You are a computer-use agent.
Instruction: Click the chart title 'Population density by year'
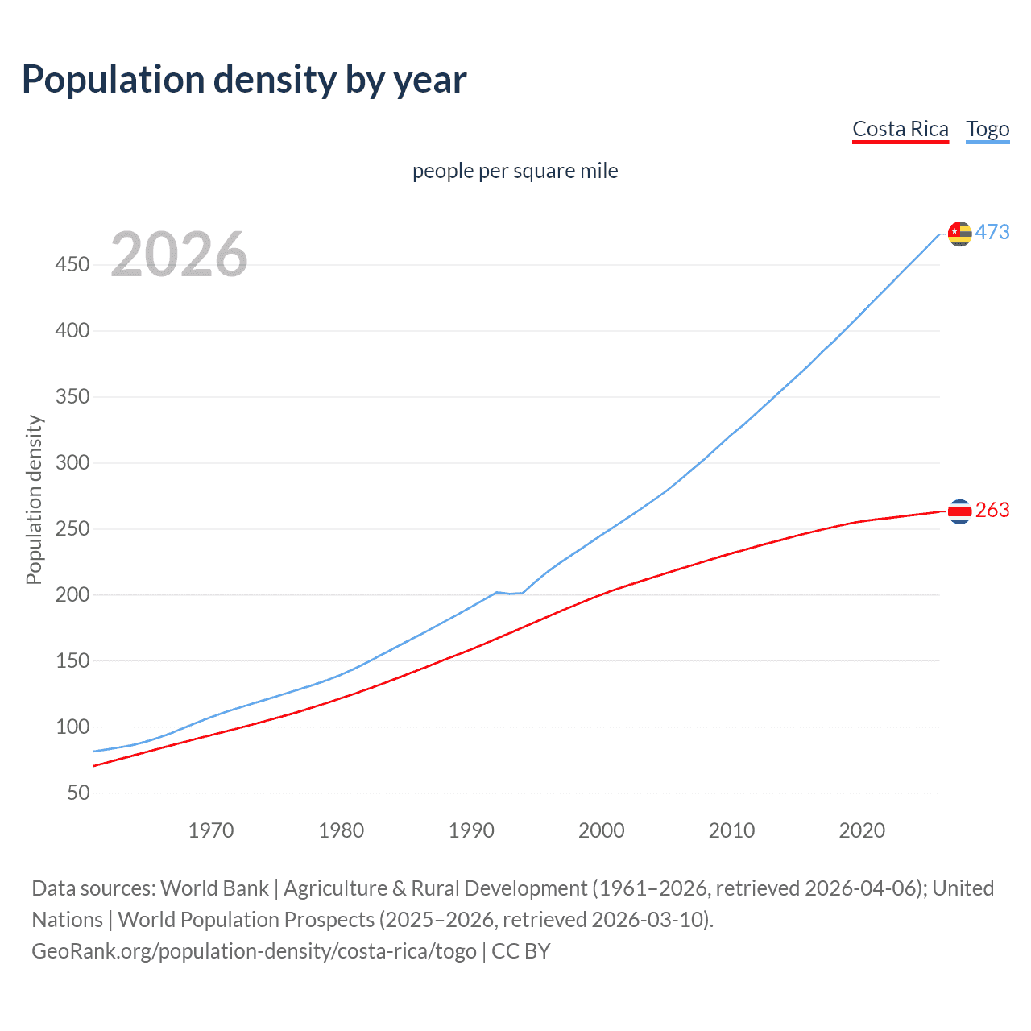point(244,80)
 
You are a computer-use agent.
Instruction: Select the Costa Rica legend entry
point(900,129)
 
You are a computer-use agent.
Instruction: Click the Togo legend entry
point(988,129)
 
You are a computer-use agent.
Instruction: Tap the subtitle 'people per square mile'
point(515,171)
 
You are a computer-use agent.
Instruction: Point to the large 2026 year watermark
point(179,255)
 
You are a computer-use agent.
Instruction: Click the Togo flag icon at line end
point(959,234)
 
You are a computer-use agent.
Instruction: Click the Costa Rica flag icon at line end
point(959,511)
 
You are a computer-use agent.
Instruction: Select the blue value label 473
point(992,233)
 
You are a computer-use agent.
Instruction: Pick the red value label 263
point(992,511)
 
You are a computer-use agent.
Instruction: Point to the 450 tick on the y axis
point(72,265)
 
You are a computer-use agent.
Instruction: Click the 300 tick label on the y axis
point(72,463)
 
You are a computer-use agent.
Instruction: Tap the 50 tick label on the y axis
point(78,793)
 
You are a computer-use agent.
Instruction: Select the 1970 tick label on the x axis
point(211,830)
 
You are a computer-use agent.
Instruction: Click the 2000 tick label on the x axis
point(601,830)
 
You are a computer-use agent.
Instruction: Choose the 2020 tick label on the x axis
point(862,830)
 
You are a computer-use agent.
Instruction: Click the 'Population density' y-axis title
point(34,499)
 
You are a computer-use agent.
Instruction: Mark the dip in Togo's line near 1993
point(511,594)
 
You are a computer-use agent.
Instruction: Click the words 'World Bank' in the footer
point(214,888)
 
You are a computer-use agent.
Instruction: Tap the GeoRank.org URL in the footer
point(254,951)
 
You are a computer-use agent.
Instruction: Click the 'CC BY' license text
point(521,951)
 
